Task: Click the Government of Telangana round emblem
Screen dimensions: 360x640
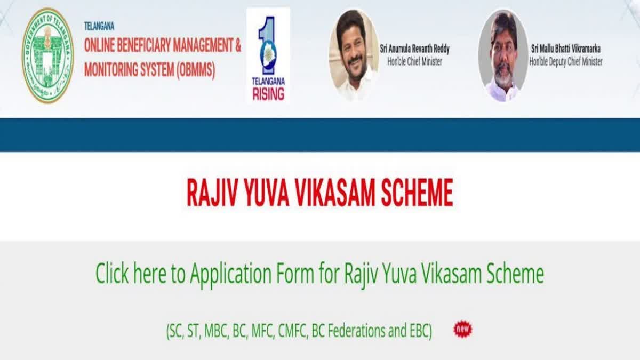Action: tap(47, 55)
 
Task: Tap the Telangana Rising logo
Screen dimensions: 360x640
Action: tap(268, 55)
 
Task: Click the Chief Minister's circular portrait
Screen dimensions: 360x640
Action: tap(354, 55)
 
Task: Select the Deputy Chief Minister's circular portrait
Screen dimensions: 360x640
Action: tap(503, 55)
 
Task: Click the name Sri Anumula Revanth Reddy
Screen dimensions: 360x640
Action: tap(414, 49)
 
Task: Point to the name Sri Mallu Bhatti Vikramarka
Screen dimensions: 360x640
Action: tap(566, 49)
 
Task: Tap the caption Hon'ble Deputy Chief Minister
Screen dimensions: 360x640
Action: tap(566, 62)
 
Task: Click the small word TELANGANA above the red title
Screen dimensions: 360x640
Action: tap(99, 26)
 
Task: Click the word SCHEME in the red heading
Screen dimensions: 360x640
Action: tap(417, 193)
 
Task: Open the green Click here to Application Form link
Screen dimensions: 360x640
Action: tap(319, 274)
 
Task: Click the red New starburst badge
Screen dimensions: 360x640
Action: tap(462, 329)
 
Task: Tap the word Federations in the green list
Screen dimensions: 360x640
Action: tap(363, 331)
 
